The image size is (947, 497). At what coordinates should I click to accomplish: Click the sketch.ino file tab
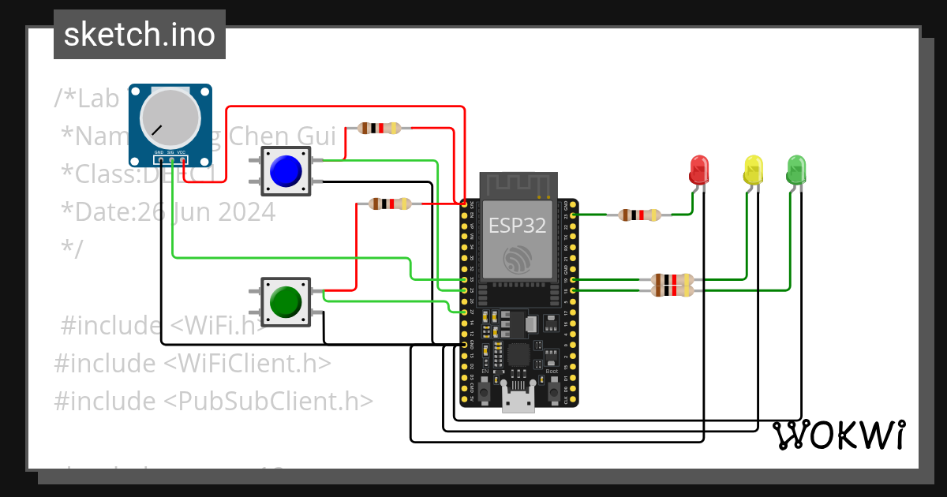[140, 35]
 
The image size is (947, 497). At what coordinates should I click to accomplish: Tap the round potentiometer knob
[170, 117]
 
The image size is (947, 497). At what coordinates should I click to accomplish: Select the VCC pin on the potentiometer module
[183, 159]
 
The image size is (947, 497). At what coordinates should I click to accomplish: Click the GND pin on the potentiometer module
[159, 159]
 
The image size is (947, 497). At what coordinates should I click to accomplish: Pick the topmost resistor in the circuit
[380, 128]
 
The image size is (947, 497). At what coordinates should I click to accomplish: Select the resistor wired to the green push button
[390, 204]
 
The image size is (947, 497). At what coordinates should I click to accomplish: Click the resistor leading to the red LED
[639, 215]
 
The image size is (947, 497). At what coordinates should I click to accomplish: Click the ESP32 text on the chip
[517, 226]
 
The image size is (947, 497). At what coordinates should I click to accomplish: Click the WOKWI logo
[838, 435]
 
